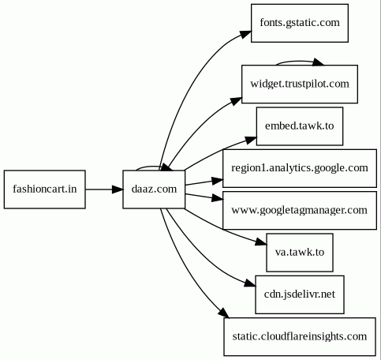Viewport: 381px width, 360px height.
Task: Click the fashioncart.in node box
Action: pyautogui.click(x=45, y=189)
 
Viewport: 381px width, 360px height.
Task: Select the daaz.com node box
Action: pyautogui.click(x=154, y=189)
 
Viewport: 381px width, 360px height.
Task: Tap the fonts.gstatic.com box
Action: pyautogui.click(x=300, y=23)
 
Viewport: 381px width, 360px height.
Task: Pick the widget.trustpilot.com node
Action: pyautogui.click(x=300, y=84)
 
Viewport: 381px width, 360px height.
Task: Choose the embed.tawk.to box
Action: pyautogui.click(x=300, y=126)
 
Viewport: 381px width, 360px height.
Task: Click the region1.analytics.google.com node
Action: pyautogui.click(x=300, y=168)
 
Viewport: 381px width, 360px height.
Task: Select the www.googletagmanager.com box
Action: pyautogui.click(x=300, y=210)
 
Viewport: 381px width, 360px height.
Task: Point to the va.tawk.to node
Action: pyautogui.click(x=300, y=253)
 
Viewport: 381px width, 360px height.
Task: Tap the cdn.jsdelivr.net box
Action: pyautogui.click(x=300, y=294)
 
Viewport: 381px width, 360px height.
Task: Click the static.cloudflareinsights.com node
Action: pyautogui.click(x=300, y=336)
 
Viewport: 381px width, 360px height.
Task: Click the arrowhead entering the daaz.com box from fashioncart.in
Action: pyautogui.click(x=118, y=189)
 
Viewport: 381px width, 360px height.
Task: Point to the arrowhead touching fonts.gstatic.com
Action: pyautogui.click(x=245, y=34)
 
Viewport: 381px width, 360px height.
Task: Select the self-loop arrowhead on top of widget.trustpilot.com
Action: pyautogui.click(x=318, y=62)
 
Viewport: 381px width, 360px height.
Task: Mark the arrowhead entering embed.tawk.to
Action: pyautogui.click(x=251, y=140)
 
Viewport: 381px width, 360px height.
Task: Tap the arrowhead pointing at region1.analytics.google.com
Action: pyautogui.click(x=218, y=181)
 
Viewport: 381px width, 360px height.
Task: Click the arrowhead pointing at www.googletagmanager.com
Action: pyautogui.click(x=218, y=198)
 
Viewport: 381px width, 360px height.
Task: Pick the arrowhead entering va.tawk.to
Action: pyautogui.click(x=261, y=242)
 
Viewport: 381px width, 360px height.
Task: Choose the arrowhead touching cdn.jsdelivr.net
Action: pyautogui.click(x=250, y=283)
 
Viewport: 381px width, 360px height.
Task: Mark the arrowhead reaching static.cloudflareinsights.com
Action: pyautogui.click(x=224, y=313)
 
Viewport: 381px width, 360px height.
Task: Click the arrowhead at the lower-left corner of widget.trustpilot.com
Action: pyautogui.click(x=236, y=101)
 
